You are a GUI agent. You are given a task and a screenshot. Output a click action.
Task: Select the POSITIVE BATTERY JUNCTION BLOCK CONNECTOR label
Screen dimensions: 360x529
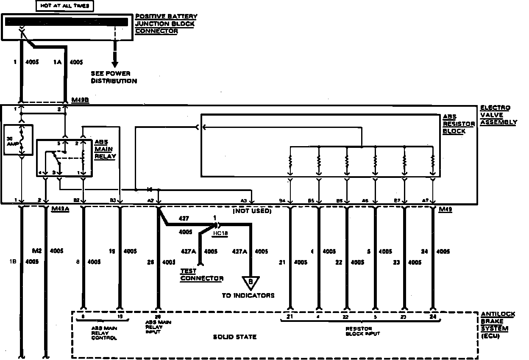tap(166, 24)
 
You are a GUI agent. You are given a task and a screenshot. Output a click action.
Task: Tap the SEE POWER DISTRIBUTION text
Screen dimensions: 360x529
tap(114, 77)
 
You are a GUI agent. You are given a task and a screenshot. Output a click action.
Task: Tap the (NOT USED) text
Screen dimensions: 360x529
tap(252, 210)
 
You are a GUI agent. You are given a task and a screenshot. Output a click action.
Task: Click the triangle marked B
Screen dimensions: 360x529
tap(251, 282)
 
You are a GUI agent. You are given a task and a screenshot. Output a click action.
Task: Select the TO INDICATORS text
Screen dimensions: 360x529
tap(248, 295)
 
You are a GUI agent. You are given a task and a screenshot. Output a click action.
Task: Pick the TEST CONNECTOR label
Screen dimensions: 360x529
tap(201, 274)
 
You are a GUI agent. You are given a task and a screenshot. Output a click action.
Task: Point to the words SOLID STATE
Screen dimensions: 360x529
tap(234, 337)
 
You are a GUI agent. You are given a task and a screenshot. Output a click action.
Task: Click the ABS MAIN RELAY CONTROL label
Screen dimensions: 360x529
tap(104, 333)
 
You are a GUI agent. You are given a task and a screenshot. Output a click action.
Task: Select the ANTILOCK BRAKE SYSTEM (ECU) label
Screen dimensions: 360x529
tap(498, 325)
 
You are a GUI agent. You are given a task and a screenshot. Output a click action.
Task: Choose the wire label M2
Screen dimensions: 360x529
tap(37, 250)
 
